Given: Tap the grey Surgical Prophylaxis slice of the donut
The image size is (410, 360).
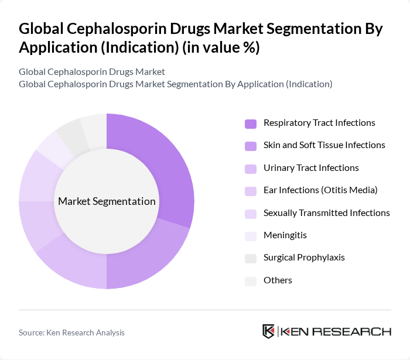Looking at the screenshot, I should click(70, 132).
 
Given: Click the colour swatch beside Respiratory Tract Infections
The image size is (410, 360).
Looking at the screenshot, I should click(251, 124).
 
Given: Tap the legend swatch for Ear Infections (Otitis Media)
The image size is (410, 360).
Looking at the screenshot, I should click(251, 191).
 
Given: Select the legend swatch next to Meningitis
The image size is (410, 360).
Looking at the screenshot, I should click(251, 236).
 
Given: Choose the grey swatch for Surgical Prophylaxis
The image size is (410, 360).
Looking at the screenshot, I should click(251, 258).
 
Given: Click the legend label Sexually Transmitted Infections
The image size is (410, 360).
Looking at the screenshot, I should click(326, 212).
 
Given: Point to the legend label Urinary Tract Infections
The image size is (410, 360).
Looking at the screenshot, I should click(311, 168).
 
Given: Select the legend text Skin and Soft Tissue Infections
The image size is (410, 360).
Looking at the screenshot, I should click(324, 145).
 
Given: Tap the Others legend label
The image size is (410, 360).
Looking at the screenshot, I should click(278, 280).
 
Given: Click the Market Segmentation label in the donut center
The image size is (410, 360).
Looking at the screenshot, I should click(107, 201).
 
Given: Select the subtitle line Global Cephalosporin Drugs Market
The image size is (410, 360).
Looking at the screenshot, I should click(92, 72).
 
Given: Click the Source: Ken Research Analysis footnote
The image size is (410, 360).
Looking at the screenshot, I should click(71, 332).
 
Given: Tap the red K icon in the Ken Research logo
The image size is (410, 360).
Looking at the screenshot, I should click(269, 331).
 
